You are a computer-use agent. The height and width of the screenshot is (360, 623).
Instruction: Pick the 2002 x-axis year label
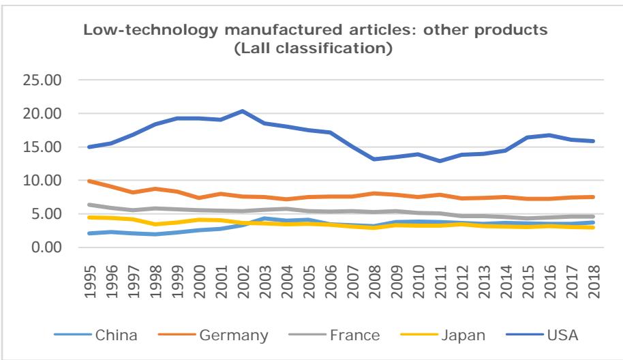[x=243, y=275]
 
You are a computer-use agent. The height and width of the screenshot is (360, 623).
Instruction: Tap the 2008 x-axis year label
[x=374, y=275]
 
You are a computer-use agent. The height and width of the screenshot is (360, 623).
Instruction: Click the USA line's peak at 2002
[x=243, y=111]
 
